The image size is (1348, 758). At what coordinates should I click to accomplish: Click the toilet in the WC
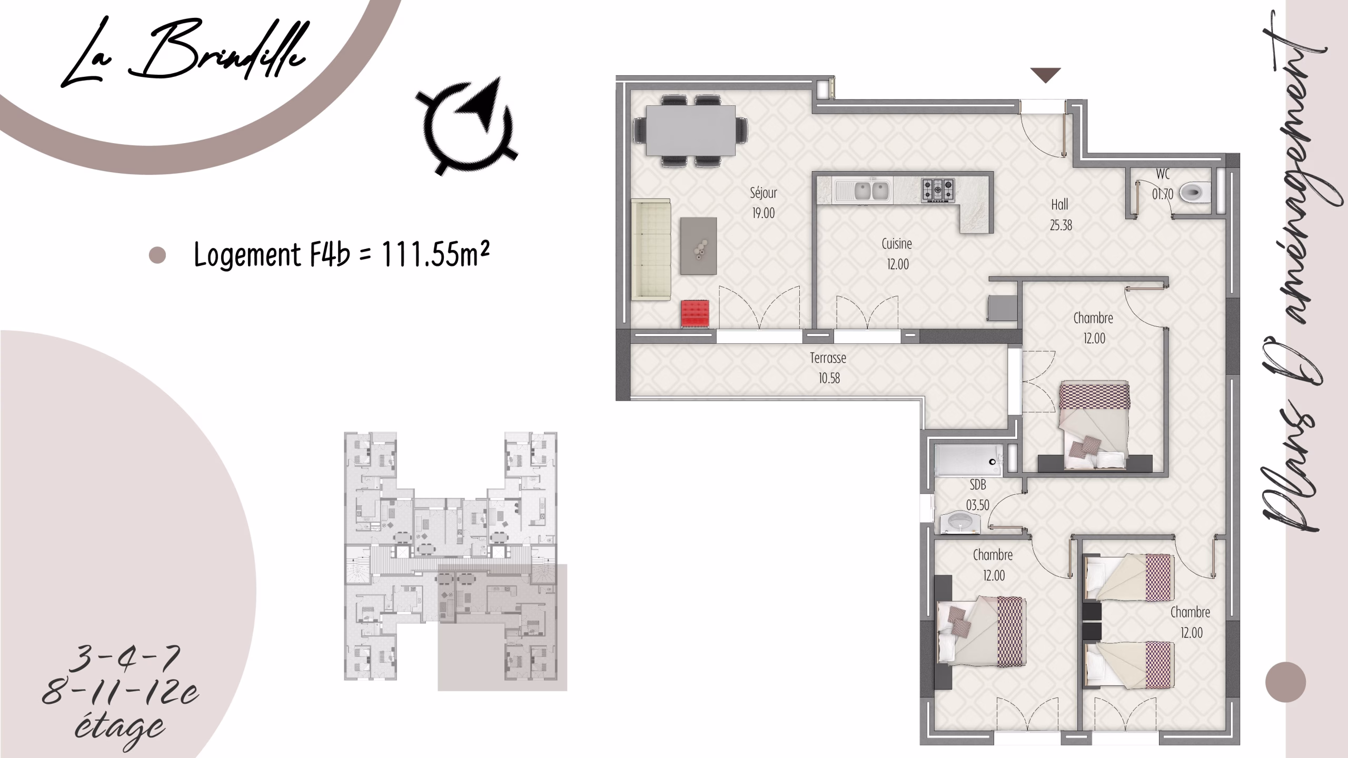(1195, 193)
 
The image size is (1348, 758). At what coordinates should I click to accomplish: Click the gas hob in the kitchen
(937, 190)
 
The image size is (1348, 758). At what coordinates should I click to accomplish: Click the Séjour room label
(764, 193)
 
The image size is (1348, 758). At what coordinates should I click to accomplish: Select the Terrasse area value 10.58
(829, 378)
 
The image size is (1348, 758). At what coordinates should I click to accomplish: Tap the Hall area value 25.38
(1060, 225)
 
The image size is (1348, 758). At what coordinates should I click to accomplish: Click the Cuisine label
(897, 244)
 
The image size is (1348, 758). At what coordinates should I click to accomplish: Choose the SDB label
(977, 484)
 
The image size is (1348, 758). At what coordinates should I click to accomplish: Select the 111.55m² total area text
(435, 255)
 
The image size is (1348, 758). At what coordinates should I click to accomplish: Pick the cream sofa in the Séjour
(651, 250)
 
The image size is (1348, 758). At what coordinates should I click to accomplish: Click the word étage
(120, 729)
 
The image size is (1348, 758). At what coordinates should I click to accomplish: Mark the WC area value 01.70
(1162, 194)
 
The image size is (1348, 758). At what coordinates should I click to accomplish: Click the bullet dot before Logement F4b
(157, 255)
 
